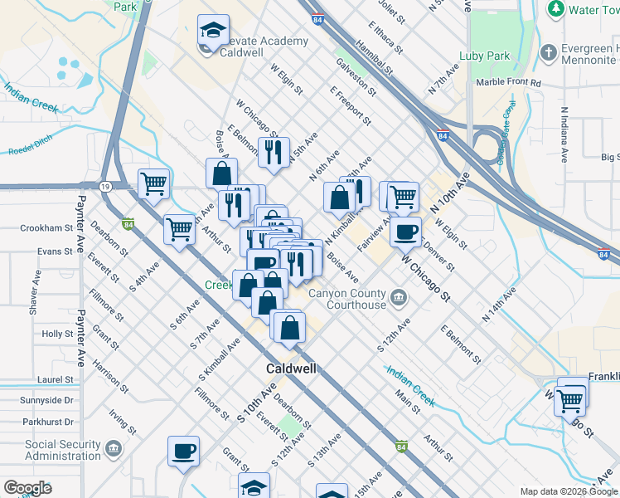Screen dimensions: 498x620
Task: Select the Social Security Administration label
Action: [63, 450]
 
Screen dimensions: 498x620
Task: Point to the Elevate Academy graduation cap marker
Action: [213, 32]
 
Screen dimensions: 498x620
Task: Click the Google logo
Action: [27, 488]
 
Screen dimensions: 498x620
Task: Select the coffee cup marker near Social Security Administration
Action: [183, 452]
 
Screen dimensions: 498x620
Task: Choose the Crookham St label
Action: [46, 228]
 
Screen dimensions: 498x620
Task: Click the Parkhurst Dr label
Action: [49, 422]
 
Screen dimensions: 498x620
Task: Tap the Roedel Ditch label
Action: [29, 151]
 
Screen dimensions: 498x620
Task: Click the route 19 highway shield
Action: [106, 187]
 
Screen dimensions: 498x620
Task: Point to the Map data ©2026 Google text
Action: [569, 491]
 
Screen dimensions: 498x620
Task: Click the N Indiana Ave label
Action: [564, 134]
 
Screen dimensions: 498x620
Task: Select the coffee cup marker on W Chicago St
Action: [405, 232]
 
